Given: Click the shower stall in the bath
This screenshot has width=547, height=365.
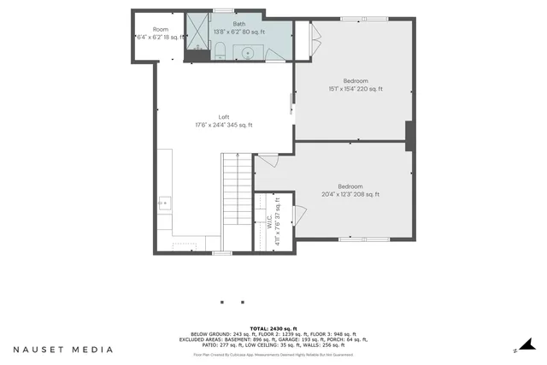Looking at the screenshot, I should click(198, 33).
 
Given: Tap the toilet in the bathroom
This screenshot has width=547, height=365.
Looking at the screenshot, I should click(220, 50).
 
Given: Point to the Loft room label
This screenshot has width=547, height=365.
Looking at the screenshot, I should click(224, 117).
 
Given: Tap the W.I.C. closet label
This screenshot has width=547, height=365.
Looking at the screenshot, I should click(269, 222).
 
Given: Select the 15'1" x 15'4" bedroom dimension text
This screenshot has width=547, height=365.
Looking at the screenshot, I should click(356, 88).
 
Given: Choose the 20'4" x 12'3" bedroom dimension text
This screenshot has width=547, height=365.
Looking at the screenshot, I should click(350, 194).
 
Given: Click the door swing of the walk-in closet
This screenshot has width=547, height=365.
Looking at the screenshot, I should click(299, 215).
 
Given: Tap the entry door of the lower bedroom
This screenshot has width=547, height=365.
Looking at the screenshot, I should click(267, 160).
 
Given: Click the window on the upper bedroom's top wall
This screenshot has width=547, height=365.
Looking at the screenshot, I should click(352, 18).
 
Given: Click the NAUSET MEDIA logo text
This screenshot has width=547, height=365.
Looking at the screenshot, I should click(62, 350).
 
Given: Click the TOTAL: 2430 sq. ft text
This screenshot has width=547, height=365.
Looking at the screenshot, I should click(273, 328).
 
